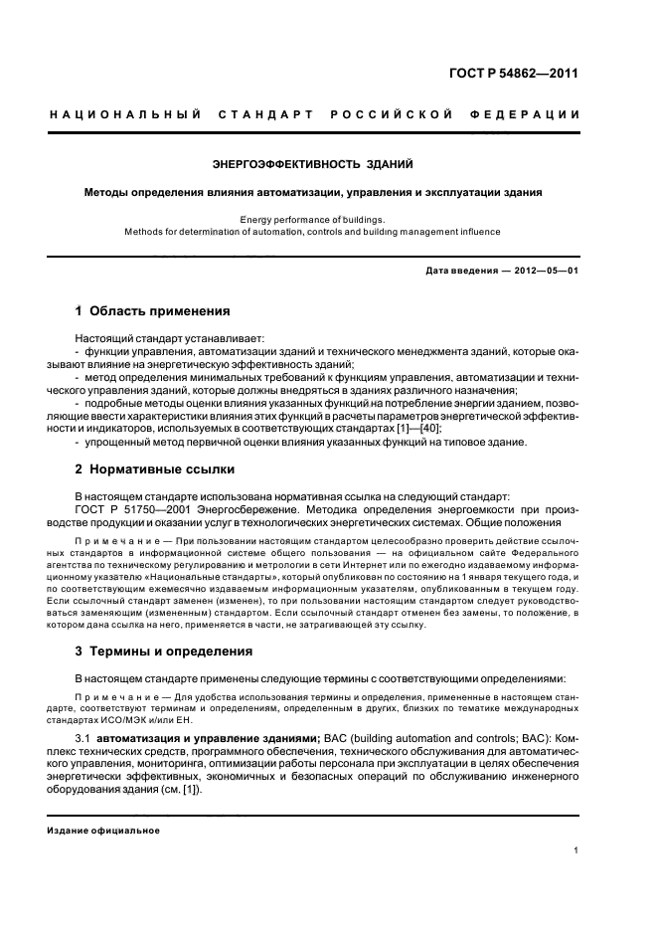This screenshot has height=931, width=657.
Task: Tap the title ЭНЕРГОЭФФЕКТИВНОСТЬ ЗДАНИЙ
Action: pyautogui.click(x=314, y=163)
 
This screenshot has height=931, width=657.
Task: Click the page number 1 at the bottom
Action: pyautogui.click(x=576, y=850)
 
